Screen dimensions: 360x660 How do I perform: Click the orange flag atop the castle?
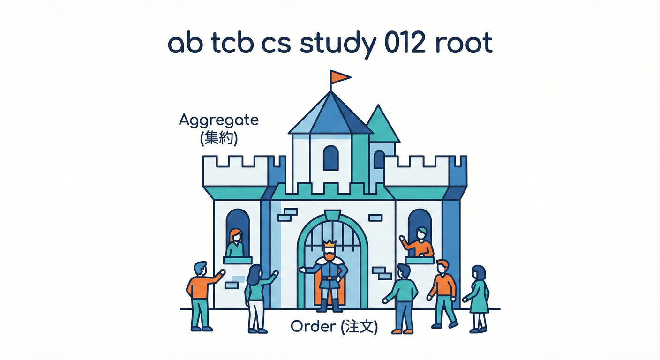[x=340, y=76]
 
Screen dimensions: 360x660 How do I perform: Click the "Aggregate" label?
[x=218, y=120]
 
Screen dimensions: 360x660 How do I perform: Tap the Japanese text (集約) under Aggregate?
[x=218, y=139]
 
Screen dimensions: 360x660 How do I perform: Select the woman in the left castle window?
[x=235, y=242]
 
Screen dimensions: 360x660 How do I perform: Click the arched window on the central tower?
[x=331, y=157]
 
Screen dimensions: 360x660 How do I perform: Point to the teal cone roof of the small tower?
[x=381, y=125]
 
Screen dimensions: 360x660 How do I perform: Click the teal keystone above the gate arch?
[x=331, y=215]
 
